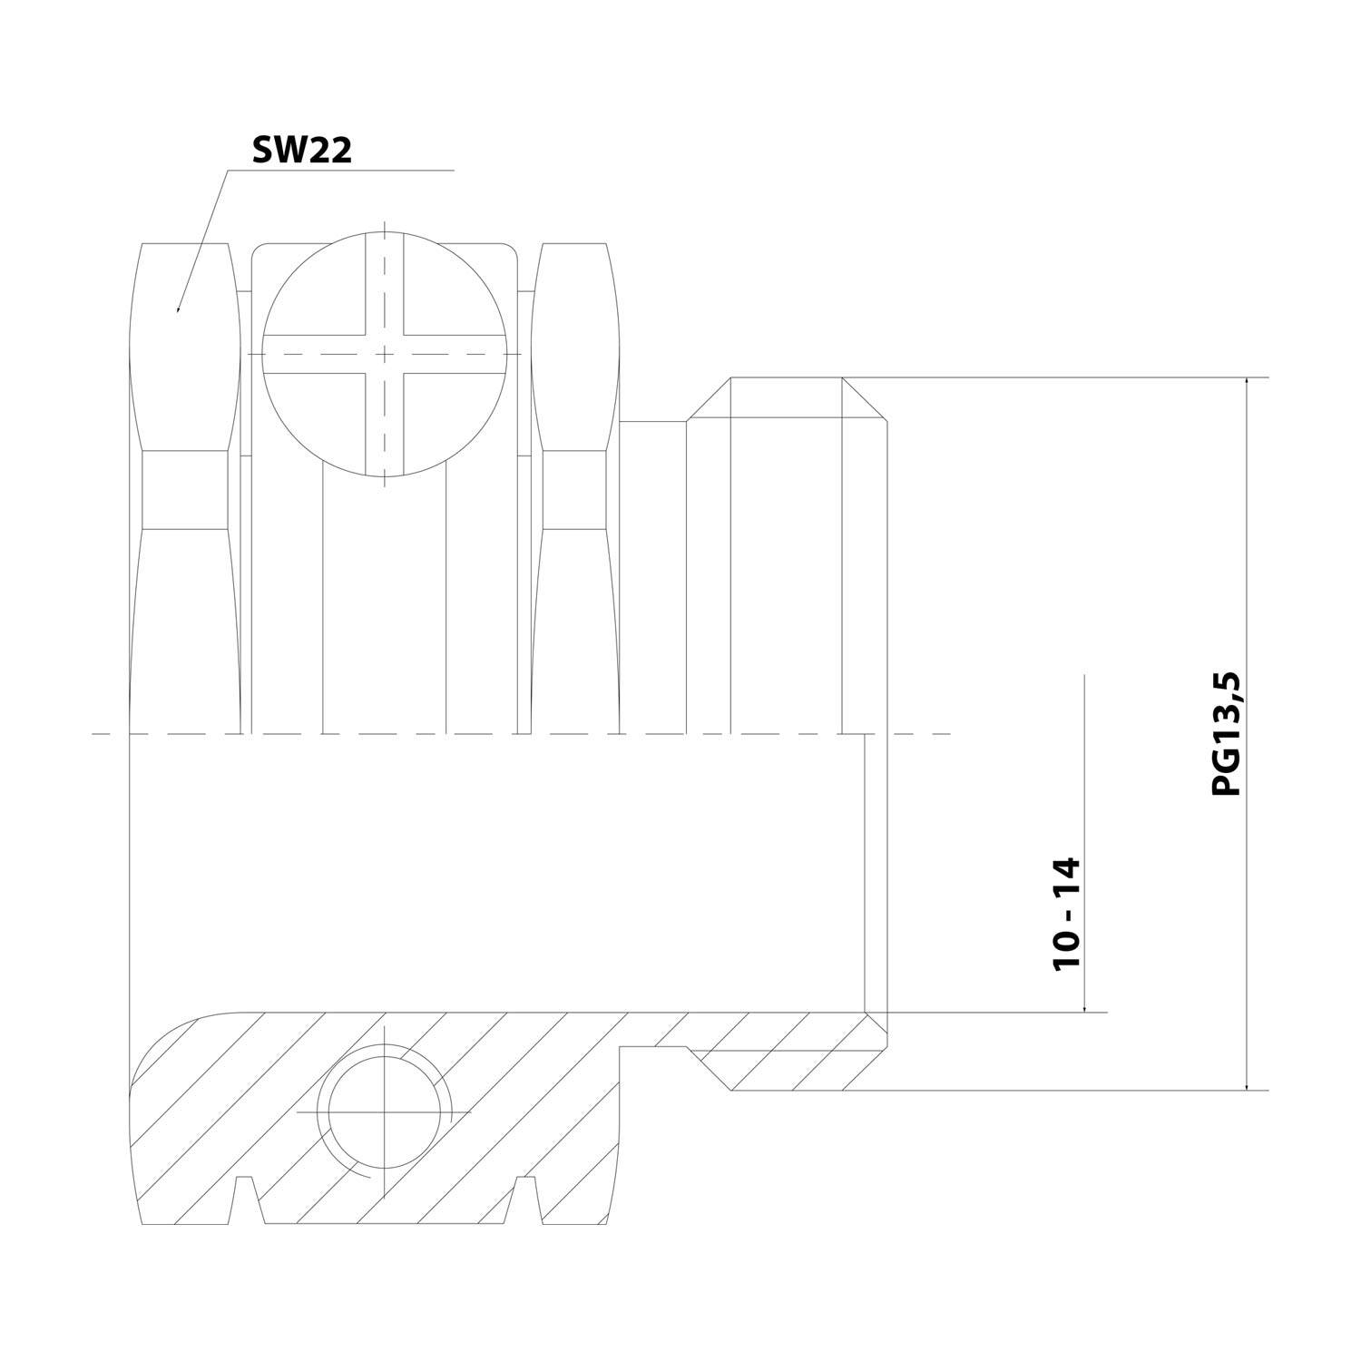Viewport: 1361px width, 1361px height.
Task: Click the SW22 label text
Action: tap(301, 151)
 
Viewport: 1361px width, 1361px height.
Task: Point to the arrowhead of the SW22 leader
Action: tap(178, 308)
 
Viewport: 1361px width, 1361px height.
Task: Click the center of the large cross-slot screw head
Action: tap(385, 352)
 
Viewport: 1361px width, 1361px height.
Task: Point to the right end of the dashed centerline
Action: tap(948, 733)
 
